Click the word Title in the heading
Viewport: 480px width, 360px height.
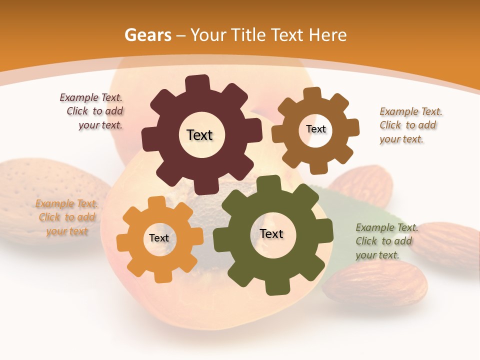coord(249,35)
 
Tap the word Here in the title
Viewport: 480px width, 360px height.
coord(328,35)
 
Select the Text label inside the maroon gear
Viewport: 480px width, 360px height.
coord(199,135)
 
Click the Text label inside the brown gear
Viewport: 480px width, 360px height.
coord(315,129)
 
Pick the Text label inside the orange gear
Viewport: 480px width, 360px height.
coord(159,238)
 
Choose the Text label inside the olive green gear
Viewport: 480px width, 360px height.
coord(271,234)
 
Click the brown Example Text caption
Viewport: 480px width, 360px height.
coord(410,125)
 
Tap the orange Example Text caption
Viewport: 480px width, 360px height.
coord(66,217)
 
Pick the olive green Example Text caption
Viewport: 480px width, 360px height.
coord(386,241)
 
